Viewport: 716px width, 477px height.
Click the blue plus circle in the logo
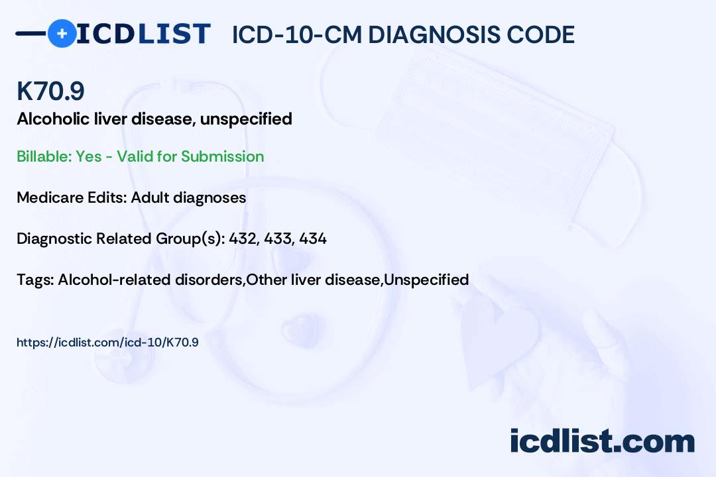tap(62, 33)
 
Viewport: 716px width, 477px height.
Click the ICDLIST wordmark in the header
tap(143, 34)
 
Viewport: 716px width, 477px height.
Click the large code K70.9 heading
tap(50, 91)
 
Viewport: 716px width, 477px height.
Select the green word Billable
tap(44, 156)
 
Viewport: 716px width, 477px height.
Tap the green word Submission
tap(222, 156)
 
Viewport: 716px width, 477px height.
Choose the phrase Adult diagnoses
tap(188, 198)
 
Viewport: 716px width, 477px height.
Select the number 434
tap(313, 238)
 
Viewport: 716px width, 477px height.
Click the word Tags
tap(34, 280)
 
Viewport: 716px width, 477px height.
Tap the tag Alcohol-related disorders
tap(150, 280)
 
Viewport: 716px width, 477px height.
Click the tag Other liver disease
tap(313, 280)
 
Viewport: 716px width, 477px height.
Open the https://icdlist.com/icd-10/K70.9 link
tap(108, 343)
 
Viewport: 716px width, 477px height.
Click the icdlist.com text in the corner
tap(602, 441)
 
